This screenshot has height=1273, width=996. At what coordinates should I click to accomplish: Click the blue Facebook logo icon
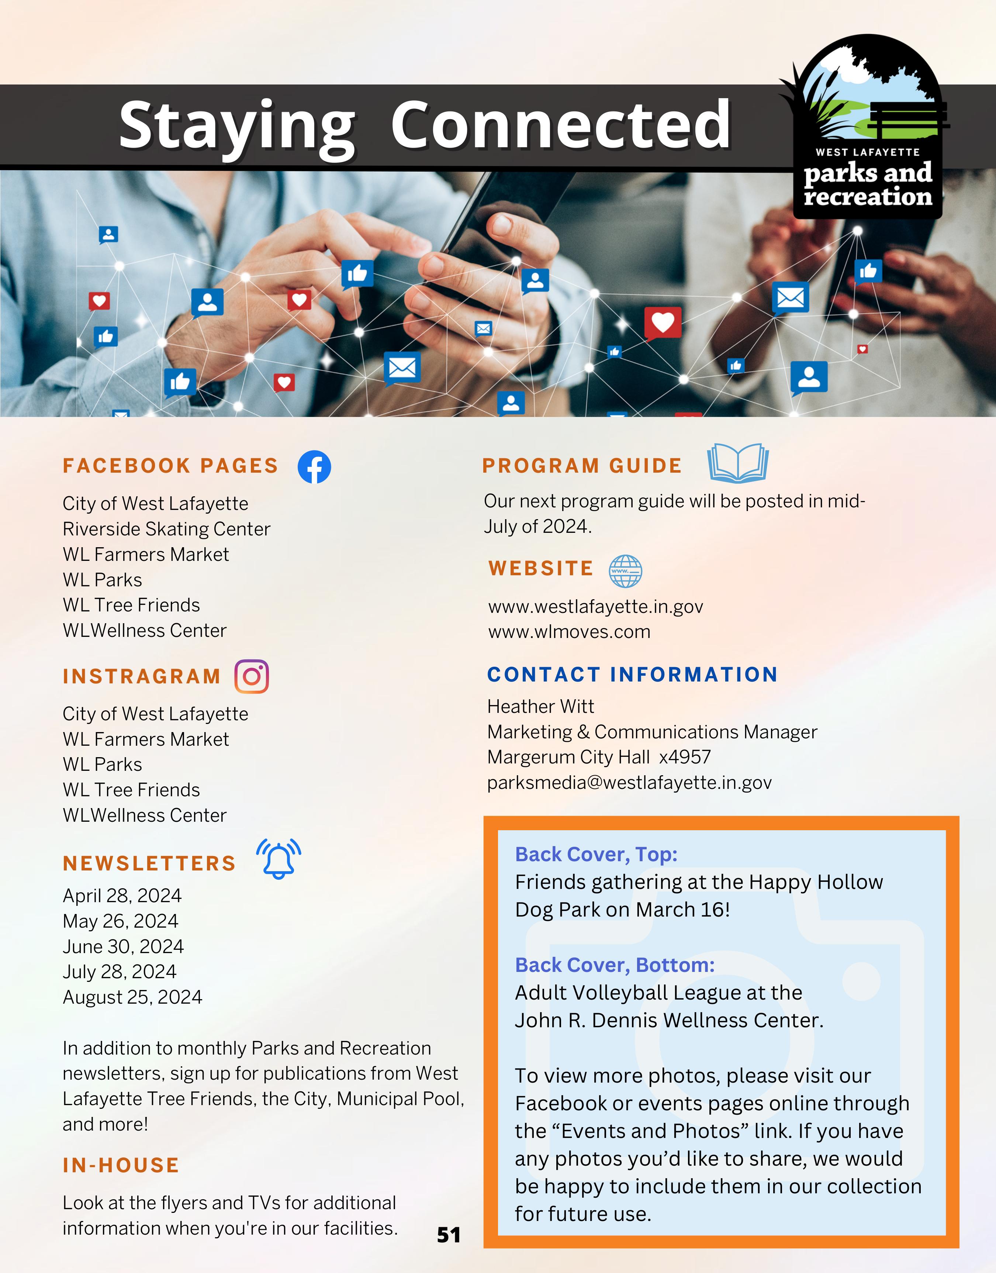(314, 466)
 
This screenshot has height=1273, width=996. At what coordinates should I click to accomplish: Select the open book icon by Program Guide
(738, 463)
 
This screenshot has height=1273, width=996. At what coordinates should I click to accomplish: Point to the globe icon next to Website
(625, 571)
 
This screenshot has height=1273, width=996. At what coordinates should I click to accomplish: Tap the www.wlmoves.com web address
(569, 632)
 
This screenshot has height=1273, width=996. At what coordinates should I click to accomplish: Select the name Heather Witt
(540, 706)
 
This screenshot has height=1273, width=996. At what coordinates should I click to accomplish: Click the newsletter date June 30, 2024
(123, 946)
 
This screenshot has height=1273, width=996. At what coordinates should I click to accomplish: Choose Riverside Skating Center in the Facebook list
(166, 529)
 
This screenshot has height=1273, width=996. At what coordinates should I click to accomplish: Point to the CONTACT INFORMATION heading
(632, 675)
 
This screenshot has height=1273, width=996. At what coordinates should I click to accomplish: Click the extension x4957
(685, 757)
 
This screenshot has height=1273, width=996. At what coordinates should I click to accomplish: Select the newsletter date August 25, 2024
(132, 997)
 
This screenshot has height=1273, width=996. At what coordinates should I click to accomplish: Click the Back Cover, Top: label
(596, 854)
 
